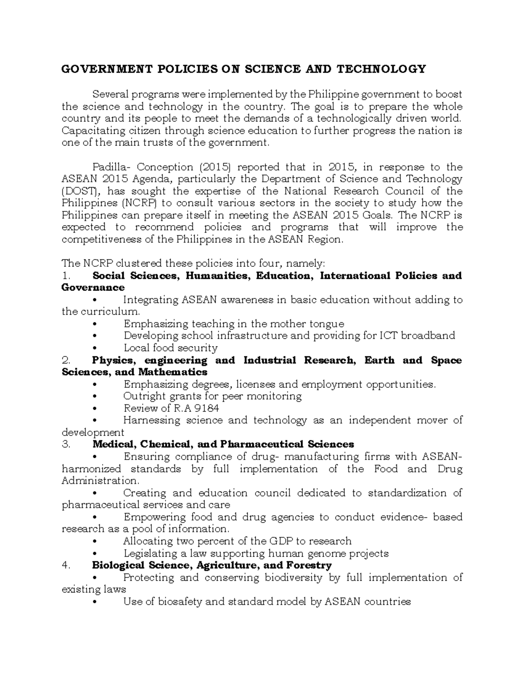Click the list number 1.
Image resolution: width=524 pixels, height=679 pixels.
coord(66,276)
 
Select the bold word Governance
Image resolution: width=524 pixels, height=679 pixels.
coord(93,288)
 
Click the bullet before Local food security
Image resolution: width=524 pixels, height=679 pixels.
coord(96,348)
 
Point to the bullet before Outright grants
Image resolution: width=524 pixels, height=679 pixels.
coord(96,397)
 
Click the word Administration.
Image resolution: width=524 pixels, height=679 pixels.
coord(100,481)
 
